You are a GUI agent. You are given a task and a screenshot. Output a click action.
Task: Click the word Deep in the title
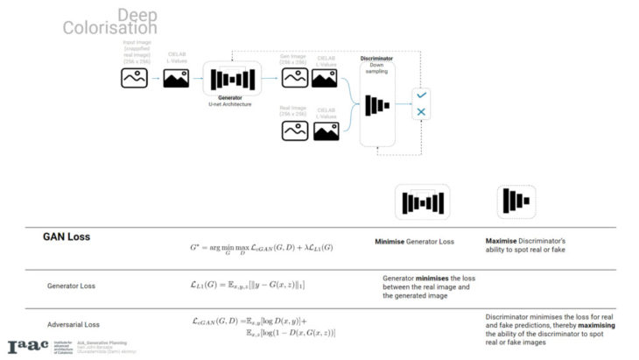pyautogui.click(x=137, y=15)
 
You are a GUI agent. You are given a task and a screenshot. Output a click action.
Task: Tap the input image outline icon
pyautogui.click(x=134, y=79)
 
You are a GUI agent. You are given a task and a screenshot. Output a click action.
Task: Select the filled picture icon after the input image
pyautogui.click(x=176, y=79)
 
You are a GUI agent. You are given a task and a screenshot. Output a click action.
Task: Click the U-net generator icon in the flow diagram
pyautogui.click(x=232, y=79)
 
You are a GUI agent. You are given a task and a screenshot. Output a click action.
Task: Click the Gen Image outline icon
pyautogui.click(x=293, y=79)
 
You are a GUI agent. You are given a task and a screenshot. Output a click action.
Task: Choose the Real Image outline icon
pyautogui.click(x=293, y=131)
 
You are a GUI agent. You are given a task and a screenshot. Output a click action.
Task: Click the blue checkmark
pyautogui.click(x=421, y=94)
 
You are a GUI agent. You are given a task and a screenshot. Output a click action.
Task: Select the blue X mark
pyautogui.click(x=421, y=112)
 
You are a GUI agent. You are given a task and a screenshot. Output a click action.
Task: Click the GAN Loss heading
pyautogui.click(x=67, y=237)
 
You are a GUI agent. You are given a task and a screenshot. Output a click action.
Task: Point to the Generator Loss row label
pyautogui.click(x=71, y=286)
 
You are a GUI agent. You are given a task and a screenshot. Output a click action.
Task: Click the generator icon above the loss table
pyautogui.click(x=422, y=202)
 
